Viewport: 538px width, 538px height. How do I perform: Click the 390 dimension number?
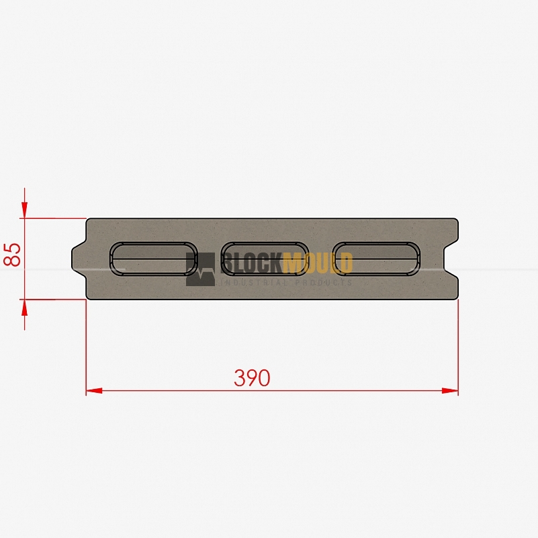(x=252, y=377)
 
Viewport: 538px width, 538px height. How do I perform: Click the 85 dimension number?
(x=12, y=255)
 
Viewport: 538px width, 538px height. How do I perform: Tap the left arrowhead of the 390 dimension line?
(x=94, y=390)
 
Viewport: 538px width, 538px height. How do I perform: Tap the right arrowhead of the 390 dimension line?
(x=450, y=390)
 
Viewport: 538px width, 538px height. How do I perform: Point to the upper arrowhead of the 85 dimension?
(x=24, y=210)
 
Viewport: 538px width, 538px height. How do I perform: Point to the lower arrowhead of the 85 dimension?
(x=24, y=308)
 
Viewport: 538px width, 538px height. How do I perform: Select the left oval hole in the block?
(x=153, y=259)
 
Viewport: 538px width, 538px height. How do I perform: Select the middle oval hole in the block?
(x=265, y=259)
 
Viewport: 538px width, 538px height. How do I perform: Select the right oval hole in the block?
(x=376, y=259)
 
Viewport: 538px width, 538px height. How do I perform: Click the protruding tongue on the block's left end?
(x=79, y=259)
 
